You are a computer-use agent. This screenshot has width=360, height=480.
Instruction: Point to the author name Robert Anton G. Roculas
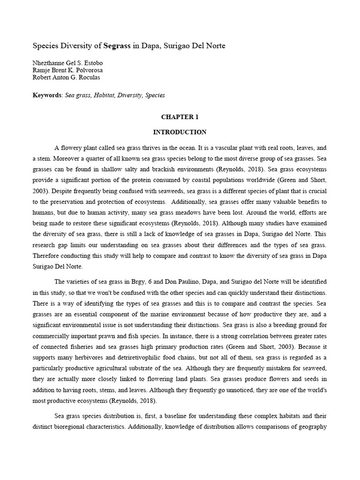66,77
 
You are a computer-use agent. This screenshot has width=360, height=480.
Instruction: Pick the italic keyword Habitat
106,95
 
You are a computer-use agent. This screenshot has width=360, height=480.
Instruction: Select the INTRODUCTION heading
180,132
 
